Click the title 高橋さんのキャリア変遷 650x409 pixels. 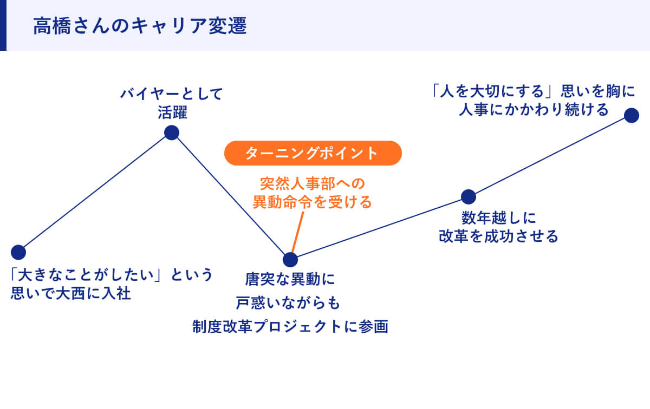tap(140, 26)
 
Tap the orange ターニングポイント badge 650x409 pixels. tap(313, 153)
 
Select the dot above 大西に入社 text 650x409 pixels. tap(18, 252)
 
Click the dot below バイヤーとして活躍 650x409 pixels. tap(172, 133)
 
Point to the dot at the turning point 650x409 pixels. tap(290, 260)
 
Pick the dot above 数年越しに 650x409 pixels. tap(468, 197)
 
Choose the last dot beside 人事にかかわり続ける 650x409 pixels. tap(632, 115)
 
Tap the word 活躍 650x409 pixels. tap(172, 113)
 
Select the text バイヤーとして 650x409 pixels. tap(172, 94)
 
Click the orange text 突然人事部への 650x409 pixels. tap(313, 182)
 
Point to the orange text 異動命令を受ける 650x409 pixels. tap(313, 202)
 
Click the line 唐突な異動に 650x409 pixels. tap(290, 280)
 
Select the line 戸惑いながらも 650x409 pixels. tap(290, 303)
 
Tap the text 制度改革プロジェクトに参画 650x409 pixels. tap(290, 327)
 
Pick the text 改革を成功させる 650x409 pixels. tap(498, 236)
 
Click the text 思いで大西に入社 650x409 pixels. tap(71, 295)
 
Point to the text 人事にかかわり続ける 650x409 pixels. tap(534, 110)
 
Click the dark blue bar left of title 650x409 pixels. tap(3, 25)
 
